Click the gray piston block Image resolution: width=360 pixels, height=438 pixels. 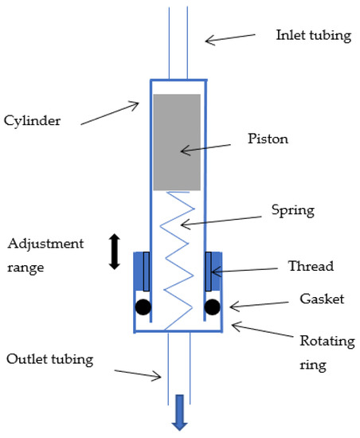(x=176, y=142)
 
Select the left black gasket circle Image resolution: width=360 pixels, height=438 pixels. (x=143, y=307)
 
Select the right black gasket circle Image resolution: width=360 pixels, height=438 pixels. (x=212, y=307)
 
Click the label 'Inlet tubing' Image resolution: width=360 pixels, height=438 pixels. (x=313, y=36)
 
